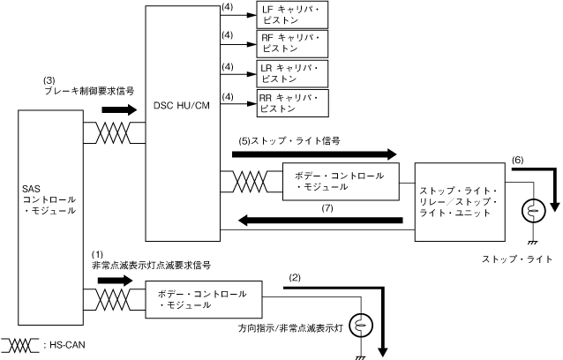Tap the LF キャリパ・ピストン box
[x=292, y=16]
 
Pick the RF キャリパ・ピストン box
[x=292, y=44]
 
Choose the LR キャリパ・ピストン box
[x=292, y=73]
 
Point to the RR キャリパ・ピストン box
[x=292, y=102]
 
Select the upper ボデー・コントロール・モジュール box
[x=339, y=181]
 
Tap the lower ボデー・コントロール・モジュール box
[x=203, y=299]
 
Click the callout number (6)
[x=516, y=160]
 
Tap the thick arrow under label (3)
[x=119, y=110]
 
